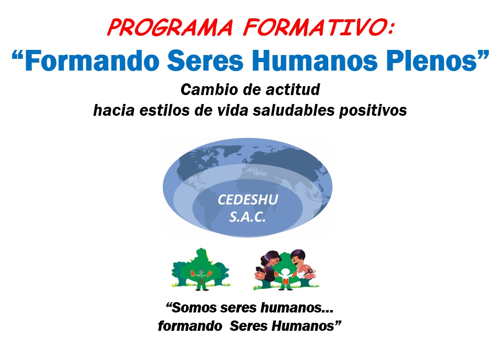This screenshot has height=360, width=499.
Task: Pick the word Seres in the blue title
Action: pyautogui.click(x=205, y=61)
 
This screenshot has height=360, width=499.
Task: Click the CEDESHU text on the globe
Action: pyautogui.click(x=248, y=200)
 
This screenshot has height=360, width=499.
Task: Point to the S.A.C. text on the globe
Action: pyautogui.click(x=247, y=217)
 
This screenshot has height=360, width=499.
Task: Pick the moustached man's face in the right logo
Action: pyautogui.click(x=298, y=258)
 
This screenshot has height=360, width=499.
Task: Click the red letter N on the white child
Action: pyautogui.click(x=285, y=281)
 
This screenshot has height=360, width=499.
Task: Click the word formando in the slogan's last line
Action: pyautogui.click(x=190, y=326)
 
